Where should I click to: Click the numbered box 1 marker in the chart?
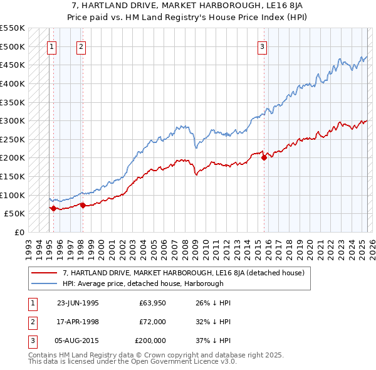click(x=51, y=46)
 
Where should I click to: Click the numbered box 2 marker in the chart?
click(x=82, y=46)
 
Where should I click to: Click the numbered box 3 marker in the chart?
click(x=262, y=46)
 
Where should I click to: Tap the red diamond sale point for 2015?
click(x=264, y=158)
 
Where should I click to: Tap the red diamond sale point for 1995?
click(x=54, y=208)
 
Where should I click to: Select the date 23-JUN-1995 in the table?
click(x=78, y=303)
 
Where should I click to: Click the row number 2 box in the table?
click(x=31, y=321)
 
